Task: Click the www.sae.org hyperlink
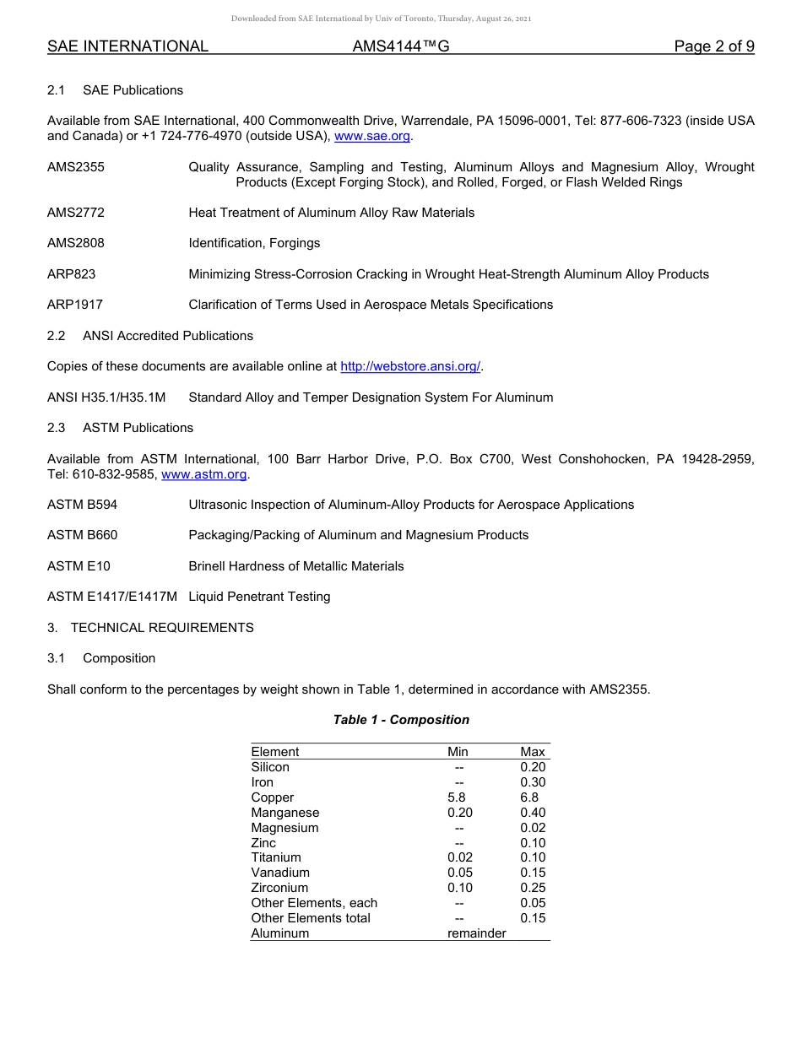click(373, 137)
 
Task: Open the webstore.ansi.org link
click(409, 366)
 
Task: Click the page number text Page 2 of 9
click(713, 47)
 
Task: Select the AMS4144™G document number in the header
click(400, 47)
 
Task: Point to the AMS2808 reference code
click(76, 243)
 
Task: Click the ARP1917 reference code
click(75, 305)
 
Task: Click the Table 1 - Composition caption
click(401, 720)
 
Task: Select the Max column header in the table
click(533, 752)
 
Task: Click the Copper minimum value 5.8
click(457, 797)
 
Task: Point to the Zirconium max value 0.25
click(533, 888)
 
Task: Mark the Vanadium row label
click(280, 873)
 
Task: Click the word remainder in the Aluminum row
click(477, 933)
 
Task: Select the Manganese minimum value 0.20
click(460, 813)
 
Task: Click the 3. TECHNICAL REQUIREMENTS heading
click(150, 628)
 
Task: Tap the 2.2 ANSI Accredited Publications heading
click(150, 336)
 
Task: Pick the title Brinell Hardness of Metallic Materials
click(296, 566)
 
